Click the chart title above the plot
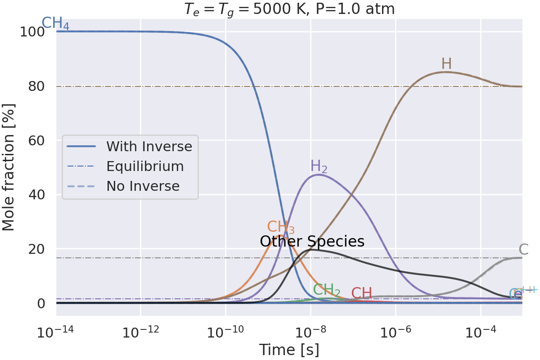(289, 9)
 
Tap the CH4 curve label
(55, 24)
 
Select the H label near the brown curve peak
(446, 64)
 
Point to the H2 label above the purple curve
(319, 166)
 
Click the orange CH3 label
(281, 227)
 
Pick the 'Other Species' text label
(312, 242)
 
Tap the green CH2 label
(327, 290)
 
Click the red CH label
(362, 293)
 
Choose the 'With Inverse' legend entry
(149, 146)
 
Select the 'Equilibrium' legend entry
(145, 166)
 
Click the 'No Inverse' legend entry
(143, 186)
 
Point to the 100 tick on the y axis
(36, 32)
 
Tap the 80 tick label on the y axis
(36, 86)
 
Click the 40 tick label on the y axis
(36, 194)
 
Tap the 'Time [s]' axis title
(289, 349)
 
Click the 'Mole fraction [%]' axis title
(9, 167)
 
